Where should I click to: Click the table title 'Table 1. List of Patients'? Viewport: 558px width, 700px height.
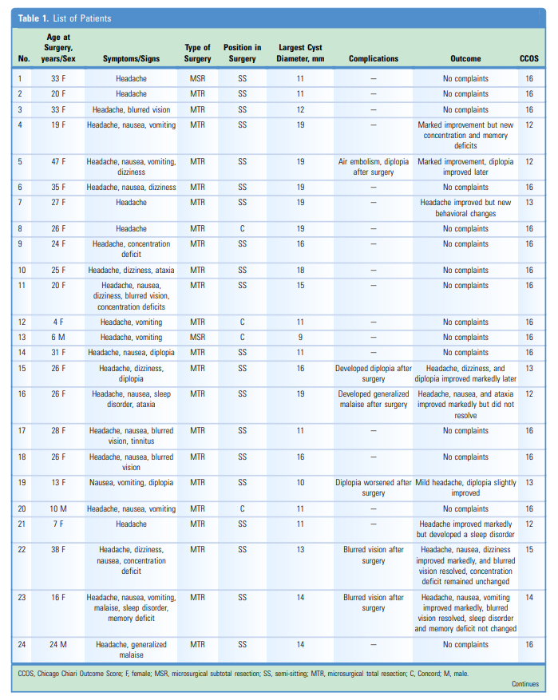click(x=65, y=18)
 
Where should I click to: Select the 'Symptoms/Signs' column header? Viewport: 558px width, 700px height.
click(x=131, y=58)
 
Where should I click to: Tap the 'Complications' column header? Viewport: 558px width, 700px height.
click(x=373, y=58)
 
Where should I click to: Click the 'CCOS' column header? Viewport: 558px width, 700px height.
click(x=528, y=58)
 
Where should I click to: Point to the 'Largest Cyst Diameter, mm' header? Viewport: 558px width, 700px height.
click(x=300, y=53)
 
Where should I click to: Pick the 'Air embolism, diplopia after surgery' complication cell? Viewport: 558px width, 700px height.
click(x=373, y=167)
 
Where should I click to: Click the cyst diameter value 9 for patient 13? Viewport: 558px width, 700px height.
click(x=300, y=338)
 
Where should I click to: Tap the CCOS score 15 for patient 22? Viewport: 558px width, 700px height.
click(x=528, y=550)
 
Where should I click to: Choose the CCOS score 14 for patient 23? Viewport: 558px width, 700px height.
click(x=528, y=598)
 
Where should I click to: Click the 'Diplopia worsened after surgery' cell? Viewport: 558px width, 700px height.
click(x=373, y=488)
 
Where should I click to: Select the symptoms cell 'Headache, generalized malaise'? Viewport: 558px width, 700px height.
click(x=131, y=650)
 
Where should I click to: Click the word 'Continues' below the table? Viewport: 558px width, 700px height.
click(x=525, y=684)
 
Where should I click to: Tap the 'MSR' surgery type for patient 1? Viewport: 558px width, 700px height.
click(x=197, y=79)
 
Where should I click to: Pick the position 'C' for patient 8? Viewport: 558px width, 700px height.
click(x=242, y=229)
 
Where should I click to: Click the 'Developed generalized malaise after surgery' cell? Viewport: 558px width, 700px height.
click(x=373, y=399)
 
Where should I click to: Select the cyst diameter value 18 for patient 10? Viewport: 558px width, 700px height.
click(x=300, y=271)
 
